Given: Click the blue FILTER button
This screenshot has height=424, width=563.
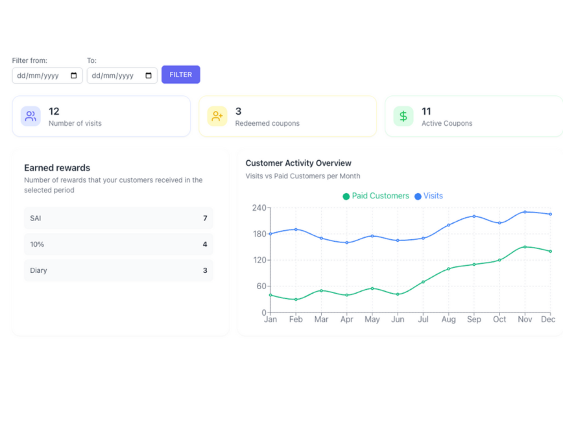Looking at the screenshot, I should [x=180, y=75].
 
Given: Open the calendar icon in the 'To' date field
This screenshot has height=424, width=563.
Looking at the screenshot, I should [x=149, y=76].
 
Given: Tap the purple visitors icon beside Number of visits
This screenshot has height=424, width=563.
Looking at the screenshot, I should [x=30, y=116].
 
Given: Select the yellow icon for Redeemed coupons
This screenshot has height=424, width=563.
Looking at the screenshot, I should [x=217, y=116].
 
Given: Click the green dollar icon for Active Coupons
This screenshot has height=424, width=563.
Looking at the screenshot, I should [x=403, y=116].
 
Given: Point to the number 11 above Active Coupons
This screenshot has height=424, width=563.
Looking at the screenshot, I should [x=426, y=112].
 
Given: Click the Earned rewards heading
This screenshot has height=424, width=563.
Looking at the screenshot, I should [x=57, y=168].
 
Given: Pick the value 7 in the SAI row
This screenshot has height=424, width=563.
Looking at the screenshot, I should [x=205, y=218].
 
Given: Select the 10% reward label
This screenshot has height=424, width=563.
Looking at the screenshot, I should [x=37, y=244].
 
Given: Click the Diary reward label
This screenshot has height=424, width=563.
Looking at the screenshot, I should [x=38, y=270].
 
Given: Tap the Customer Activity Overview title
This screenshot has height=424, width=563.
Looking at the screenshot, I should [x=298, y=163].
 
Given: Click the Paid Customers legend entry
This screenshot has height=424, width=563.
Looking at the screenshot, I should [x=376, y=196].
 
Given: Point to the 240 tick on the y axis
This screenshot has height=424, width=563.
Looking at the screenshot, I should [x=259, y=207].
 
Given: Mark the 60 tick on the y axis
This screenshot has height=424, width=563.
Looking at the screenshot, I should [x=261, y=287].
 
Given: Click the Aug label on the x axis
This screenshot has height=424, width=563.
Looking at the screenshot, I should [x=448, y=320].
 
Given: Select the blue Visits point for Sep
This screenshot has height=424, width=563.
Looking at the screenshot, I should [x=474, y=217].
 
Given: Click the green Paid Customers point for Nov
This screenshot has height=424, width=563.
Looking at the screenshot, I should [x=525, y=247].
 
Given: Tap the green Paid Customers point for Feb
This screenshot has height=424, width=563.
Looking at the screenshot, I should [x=296, y=300].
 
